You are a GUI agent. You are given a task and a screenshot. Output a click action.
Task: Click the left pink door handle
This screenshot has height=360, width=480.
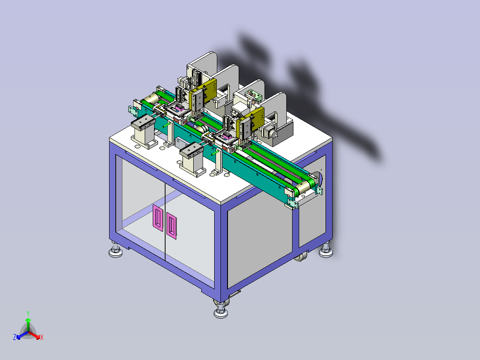coord(158,218)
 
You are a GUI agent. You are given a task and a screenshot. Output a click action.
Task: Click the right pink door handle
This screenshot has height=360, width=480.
coord(171,226)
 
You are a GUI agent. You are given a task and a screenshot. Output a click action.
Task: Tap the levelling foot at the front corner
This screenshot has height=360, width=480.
coord(221,310)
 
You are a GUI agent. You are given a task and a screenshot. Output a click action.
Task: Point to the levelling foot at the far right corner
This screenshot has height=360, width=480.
coord(326,250)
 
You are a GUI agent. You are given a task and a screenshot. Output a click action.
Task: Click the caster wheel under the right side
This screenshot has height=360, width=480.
coord(301,257)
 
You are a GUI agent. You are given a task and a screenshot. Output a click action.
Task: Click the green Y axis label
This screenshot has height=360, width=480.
coord(28,313)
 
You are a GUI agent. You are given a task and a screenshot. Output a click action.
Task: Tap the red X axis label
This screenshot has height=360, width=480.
coord(42,337)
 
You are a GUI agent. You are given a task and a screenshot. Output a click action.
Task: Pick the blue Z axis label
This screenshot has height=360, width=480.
coord(15,337)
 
